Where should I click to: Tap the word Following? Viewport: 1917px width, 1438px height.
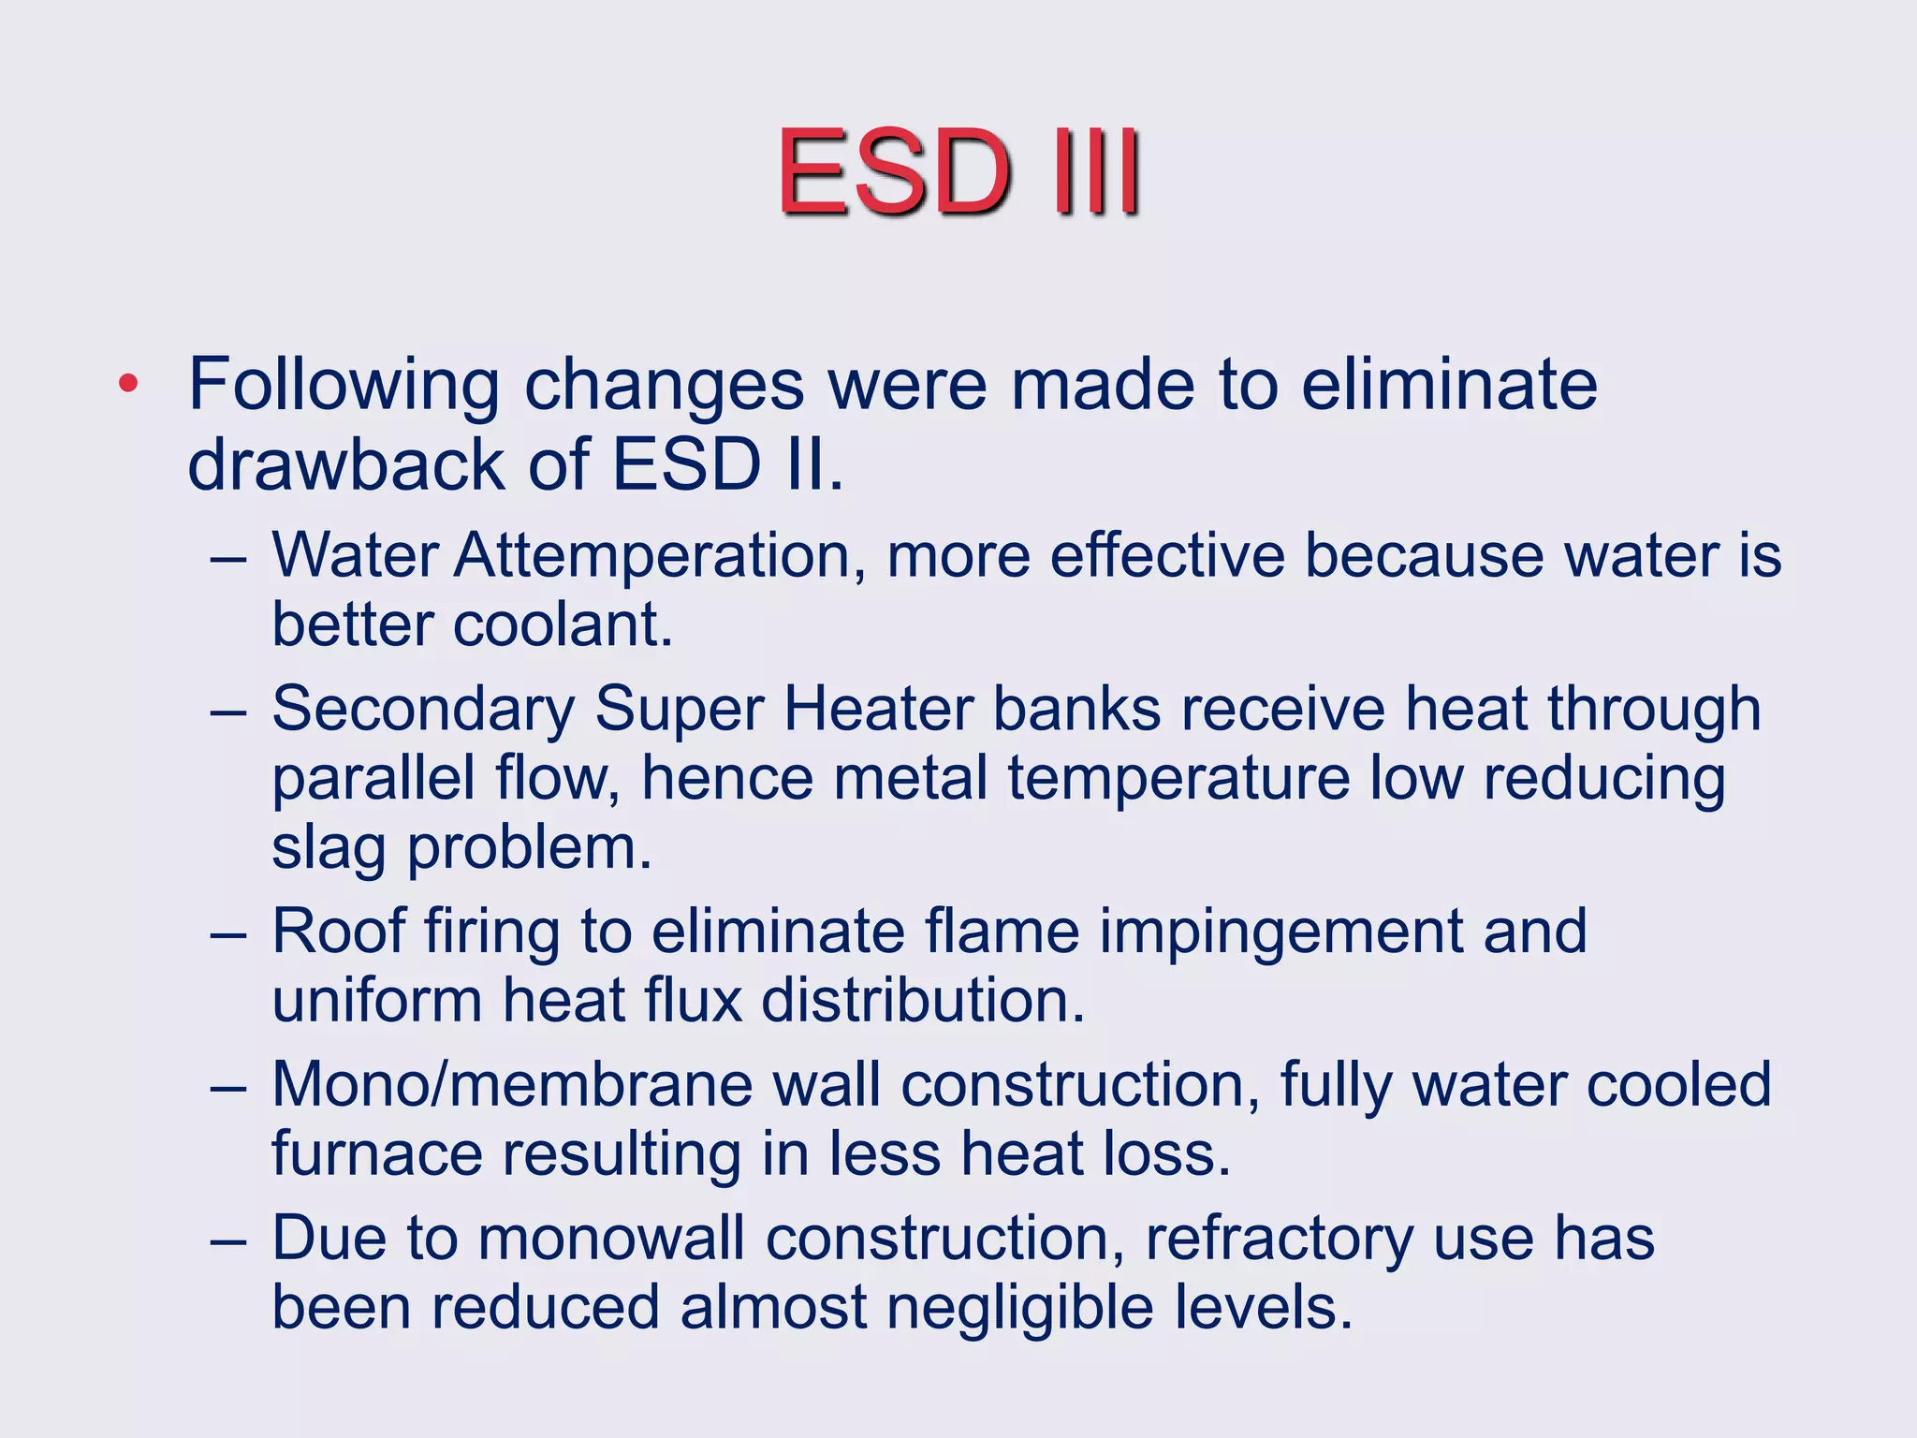(344, 385)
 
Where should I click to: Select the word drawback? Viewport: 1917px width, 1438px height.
(345, 464)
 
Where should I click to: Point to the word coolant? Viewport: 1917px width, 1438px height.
(563, 624)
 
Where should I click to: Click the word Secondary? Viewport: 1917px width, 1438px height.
(423, 709)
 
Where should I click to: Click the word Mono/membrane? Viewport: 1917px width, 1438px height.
(512, 1085)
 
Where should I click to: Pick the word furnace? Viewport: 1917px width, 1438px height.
(376, 1153)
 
